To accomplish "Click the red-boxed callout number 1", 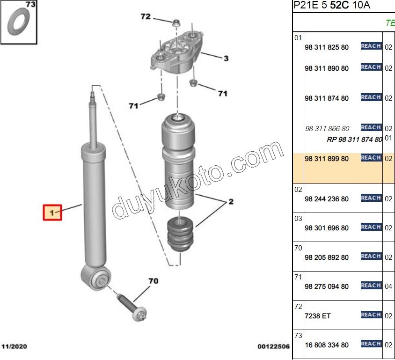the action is click(x=52, y=213).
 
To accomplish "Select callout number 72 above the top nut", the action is click(x=146, y=16).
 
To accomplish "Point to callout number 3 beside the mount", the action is click(x=226, y=59).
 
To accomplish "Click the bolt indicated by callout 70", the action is click(x=132, y=308).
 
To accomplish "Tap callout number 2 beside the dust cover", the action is click(x=231, y=202).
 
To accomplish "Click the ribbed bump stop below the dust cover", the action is click(x=180, y=235).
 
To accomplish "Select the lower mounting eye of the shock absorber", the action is click(x=96, y=279).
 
